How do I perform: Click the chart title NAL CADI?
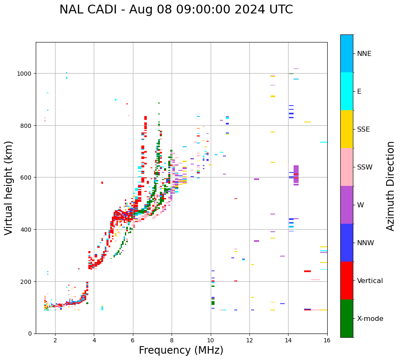coord(176,10)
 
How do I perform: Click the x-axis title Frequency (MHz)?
coord(181,350)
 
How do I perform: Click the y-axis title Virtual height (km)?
coord(9,188)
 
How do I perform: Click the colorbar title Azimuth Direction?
coord(391,186)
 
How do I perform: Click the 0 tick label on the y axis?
coord(30,334)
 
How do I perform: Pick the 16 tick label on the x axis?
coord(327,341)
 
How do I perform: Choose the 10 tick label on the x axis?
coord(210,341)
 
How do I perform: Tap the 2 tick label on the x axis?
coord(55,341)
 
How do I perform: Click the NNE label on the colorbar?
coord(364,53)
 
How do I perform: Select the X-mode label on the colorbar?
coord(370,318)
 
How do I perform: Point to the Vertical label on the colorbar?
coord(370,281)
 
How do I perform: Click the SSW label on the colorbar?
coord(365,167)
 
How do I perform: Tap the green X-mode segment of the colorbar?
coord(347,318)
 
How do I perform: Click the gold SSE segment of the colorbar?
coord(347,129)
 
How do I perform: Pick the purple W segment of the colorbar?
coord(347,205)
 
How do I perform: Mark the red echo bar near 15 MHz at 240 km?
coord(307,271)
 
